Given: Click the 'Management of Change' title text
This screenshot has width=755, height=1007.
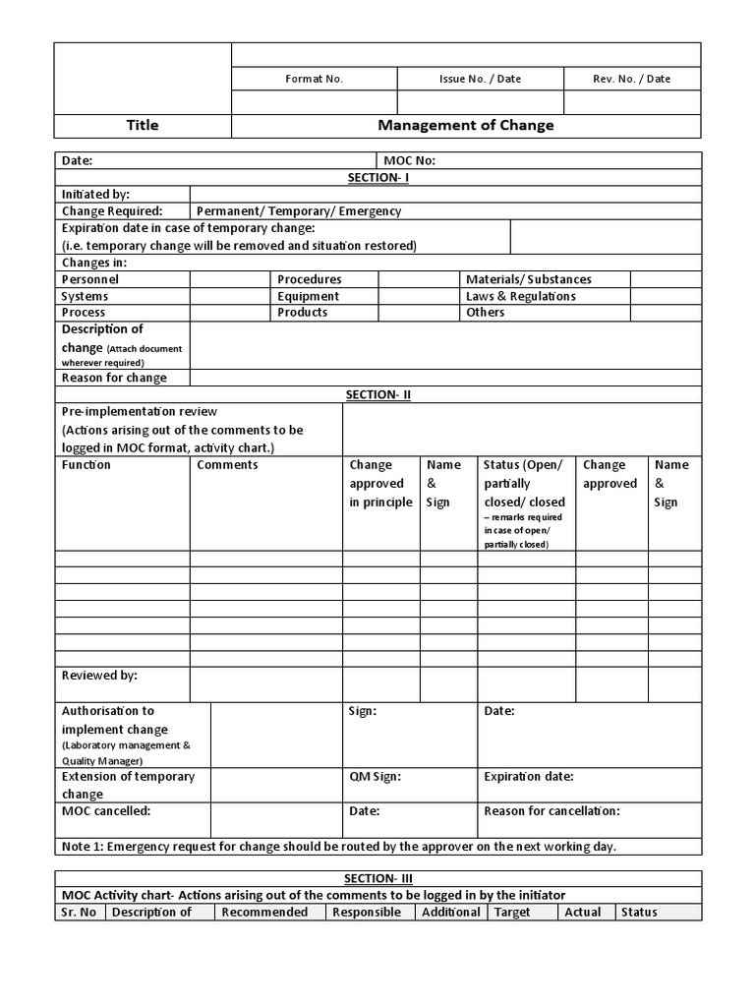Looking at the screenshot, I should (x=466, y=126).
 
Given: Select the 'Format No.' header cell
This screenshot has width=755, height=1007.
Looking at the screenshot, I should (x=314, y=79).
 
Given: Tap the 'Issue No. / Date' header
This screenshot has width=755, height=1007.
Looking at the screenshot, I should (x=480, y=79).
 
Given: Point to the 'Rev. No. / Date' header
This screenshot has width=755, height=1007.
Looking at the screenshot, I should (x=631, y=79).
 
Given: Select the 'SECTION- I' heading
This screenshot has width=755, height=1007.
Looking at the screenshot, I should (x=377, y=177).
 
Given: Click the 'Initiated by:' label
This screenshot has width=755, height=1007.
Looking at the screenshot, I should (x=95, y=195).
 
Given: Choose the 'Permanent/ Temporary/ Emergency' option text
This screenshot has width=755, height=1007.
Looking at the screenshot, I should (x=299, y=210).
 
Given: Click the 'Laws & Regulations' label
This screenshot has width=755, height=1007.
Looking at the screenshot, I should (x=521, y=296).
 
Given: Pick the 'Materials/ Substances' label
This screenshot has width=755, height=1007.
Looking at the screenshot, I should (x=529, y=279).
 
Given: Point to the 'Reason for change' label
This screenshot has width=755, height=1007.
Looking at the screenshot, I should (x=114, y=378).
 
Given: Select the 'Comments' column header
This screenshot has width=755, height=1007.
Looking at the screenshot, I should (x=227, y=465).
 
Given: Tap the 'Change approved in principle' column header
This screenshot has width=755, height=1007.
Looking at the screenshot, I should (x=380, y=484).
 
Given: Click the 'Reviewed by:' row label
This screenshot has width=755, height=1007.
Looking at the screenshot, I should (x=99, y=676).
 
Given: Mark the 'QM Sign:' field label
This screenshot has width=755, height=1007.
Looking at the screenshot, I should (x=375, y=776).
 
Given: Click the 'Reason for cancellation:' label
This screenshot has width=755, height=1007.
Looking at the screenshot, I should (x=552, y=811).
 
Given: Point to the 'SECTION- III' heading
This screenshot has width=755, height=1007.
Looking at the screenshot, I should (x=377, y=878).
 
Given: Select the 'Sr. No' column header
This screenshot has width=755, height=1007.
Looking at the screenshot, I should (x=79, y=913).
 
